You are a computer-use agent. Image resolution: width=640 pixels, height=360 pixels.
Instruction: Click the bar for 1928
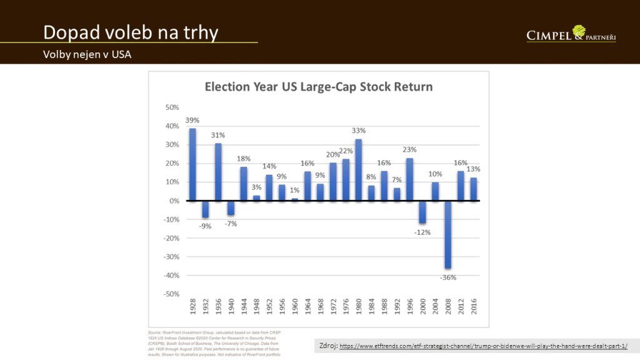click(192, 164)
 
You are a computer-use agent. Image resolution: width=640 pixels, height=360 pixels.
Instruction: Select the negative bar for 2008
click(447, 234)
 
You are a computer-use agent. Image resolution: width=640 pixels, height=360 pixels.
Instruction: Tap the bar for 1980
click(358, 170)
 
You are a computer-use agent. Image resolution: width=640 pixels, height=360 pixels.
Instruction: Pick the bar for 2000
click(422, 212)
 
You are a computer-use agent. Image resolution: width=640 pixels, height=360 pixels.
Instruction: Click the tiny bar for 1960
click(294, 199)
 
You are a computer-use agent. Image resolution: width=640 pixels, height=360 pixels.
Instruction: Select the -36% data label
click(448, 277)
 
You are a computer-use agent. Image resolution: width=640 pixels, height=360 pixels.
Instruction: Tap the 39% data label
click(192, 120)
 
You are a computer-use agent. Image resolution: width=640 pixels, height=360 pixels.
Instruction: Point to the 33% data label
click(359, 131)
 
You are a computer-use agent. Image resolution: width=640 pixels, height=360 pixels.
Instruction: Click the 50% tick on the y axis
click(171, 107)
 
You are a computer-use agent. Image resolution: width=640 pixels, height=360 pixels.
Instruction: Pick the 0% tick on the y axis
click(174, 201)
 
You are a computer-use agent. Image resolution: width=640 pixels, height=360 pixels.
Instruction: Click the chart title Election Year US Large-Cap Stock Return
click(319, 86)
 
